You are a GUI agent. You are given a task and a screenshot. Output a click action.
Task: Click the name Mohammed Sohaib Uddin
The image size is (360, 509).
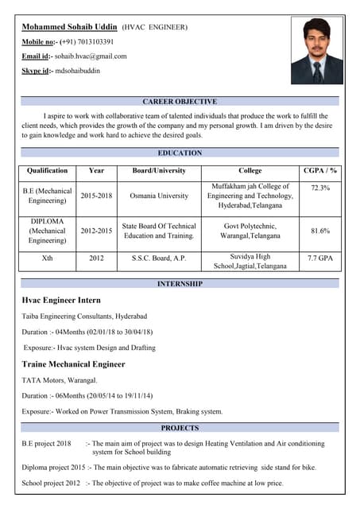[x=70, y=26]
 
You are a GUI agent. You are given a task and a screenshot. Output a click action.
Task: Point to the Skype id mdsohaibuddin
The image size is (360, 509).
[x=77, y=71]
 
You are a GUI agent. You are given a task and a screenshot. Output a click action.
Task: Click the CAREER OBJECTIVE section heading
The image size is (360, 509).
[x=180, y=102]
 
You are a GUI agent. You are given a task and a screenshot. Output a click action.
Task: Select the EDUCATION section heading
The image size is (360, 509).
[x=180, y=153]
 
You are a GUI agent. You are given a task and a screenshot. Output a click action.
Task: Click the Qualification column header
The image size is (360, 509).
[x=48, y=170]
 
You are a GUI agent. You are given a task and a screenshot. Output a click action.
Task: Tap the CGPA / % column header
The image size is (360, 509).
[x=320, y=170]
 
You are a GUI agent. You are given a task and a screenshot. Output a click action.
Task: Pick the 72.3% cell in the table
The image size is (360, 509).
[x=320, y=188]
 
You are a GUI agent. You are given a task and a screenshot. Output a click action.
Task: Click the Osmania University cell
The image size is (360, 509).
[x=159, y=196]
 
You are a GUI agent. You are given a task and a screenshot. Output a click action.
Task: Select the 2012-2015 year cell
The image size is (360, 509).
[x=96, y=231]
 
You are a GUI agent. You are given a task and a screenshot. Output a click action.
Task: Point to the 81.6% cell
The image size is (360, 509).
[x=320, y=231]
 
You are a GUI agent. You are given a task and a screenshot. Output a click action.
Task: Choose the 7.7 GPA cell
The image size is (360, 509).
[x=320, y=258]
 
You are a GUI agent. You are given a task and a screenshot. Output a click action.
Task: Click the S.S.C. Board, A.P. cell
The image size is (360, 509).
[x=159, y=258]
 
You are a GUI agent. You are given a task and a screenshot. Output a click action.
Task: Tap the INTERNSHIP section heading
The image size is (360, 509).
[x=180, y=284]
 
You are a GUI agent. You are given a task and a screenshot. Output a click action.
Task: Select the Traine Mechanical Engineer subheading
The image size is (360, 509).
[x=73, y=363]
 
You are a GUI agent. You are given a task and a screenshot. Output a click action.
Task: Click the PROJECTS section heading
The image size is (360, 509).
[x=180, y=428]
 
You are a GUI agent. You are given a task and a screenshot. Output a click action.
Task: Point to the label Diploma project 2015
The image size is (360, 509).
[x=53, y=467]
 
